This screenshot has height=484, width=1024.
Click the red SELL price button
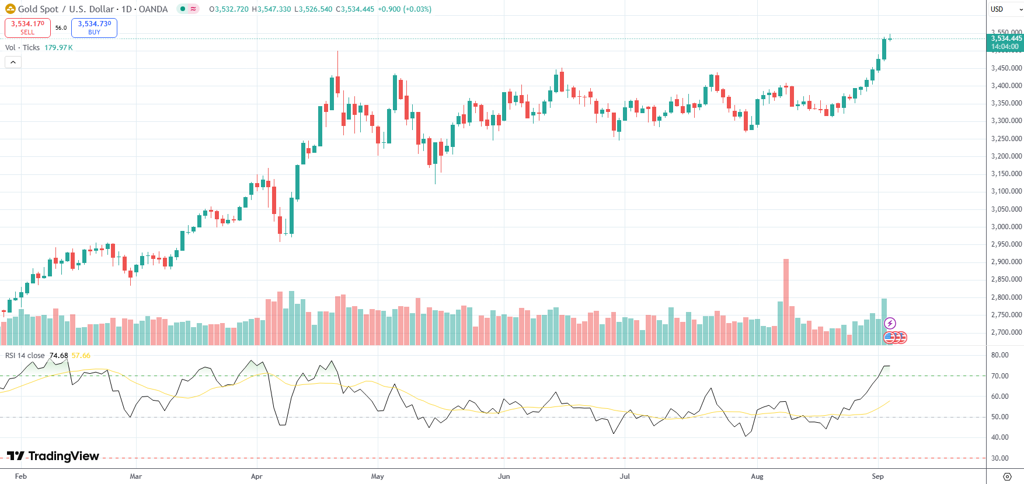click(27, 27)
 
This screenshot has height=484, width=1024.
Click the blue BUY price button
click(94, 27)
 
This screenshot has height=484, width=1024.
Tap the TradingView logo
click(53, 456)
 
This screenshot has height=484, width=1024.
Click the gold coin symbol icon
click(10, 9)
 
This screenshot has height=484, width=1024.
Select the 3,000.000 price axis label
click(1006, 227)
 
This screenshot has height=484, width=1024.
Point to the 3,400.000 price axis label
click(1006, 86)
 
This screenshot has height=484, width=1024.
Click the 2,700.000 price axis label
click(1006, 332)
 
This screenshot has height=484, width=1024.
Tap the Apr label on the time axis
click(256, 476)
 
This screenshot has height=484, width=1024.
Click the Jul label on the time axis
click(625, 476)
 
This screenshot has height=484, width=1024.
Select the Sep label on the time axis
click(877, 476)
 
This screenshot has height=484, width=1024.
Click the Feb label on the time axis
click(21, 476)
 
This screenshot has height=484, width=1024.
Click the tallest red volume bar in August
click(786, 303)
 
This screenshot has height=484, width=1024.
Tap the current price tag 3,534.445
click(1006, 38)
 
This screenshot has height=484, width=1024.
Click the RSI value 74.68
click(58, 356)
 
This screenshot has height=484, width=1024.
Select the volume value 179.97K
click(58, 48)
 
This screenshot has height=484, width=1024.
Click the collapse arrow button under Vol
click(13, 62)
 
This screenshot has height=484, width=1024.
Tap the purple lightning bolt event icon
click(890, 323)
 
